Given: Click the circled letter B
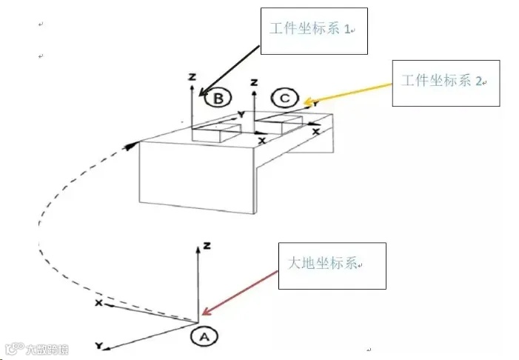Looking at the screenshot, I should [x=220, y=98].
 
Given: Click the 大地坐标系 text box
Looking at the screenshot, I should [x=332, y=265].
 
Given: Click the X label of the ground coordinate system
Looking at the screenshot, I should [x=98, y=303].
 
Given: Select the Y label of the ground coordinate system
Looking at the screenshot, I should [x=98, y=346].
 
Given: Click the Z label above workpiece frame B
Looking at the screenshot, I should [x=192, y=77].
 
